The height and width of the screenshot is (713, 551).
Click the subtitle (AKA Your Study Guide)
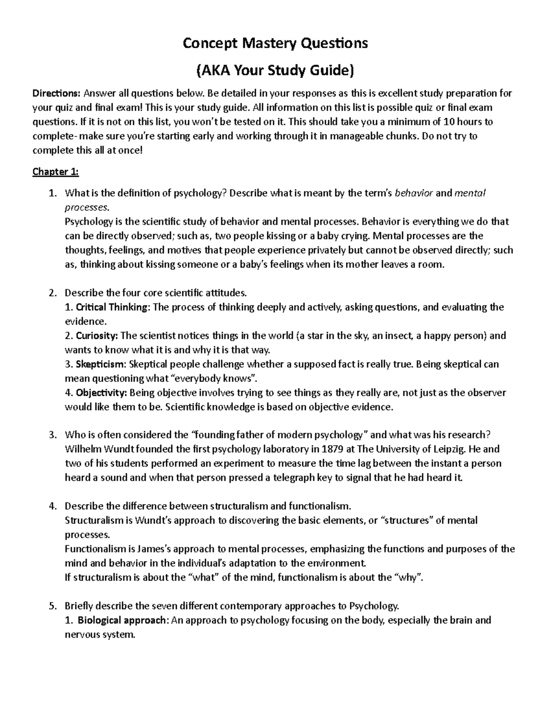(x=275, y=70)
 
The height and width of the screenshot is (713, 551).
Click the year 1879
(x=333, y=449)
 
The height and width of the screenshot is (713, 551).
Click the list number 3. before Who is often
(x=52, y=435)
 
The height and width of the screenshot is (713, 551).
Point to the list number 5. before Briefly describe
(x=52, y=606)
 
